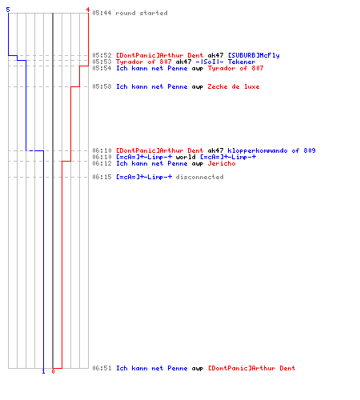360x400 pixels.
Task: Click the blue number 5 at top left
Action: tap(8, 10)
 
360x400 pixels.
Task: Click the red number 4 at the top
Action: tap(87, 10)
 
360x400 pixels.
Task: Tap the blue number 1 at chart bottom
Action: tap(43, 371)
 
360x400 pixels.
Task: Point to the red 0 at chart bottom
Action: tap(53, 371)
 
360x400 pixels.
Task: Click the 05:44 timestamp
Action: tap(102, 13)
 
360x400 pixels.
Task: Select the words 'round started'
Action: tap(142, 13)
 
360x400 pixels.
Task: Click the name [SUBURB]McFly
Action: tap(254, 55)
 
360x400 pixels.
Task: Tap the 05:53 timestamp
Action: tap(102, 62)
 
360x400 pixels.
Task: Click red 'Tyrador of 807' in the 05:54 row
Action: tap(235, 68)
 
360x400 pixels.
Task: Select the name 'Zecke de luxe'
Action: tap(234, 86)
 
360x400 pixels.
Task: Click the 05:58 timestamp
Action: tap(102, 86)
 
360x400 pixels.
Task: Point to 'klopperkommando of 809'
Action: tap(271, 150)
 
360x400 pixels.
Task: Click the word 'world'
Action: tap(186, 157)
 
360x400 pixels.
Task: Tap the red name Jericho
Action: tap(222, 163)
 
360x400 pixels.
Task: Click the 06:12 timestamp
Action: tap(102, 163)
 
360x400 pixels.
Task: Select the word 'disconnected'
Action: tap(199, 177)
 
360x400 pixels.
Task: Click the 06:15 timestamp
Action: tap(102, 177)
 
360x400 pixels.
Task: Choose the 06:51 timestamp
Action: tap(102, 368)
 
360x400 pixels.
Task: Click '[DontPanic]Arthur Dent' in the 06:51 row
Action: tap(251, 368)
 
